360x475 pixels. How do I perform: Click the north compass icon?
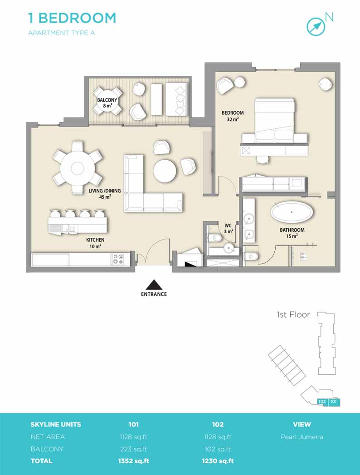coord(316,27)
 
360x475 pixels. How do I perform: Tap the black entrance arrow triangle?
coord(154,285)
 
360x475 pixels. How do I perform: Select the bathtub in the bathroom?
coord(292,212)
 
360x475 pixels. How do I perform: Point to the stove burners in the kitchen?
coord(118,259)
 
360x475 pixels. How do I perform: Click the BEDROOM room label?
coord(233,113)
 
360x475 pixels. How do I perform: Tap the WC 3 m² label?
coord(229,228)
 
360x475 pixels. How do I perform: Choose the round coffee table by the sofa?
coord(165,171)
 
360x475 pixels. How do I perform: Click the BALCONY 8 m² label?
coord(107,103)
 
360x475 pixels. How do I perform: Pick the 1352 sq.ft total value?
coord(133,461)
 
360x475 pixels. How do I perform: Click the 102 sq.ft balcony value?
coord(218,449)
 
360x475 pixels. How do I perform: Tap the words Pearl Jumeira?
coord(302,437)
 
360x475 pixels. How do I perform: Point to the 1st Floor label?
coord(293,315)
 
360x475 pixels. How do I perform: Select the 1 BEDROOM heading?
coord(72,18)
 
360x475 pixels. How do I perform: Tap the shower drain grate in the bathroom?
coord(304,256)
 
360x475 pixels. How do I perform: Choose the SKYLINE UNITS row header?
coord(56,424)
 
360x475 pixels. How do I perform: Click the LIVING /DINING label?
coord(104,191)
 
